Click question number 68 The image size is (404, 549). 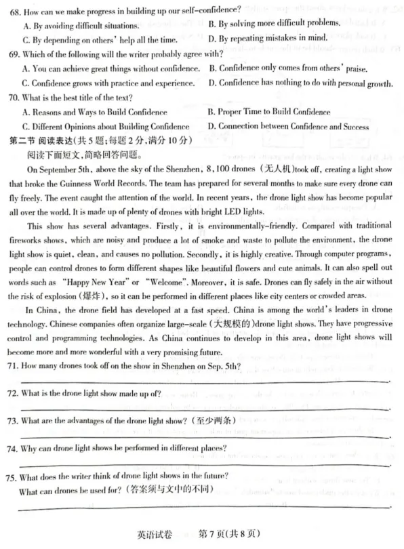[x=13, y=9]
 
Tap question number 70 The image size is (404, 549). [x=13, y=99]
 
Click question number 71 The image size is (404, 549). [x=13, y=367]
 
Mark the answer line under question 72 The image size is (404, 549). [x=203, y=409]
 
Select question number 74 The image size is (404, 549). [x=13, y=449]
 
